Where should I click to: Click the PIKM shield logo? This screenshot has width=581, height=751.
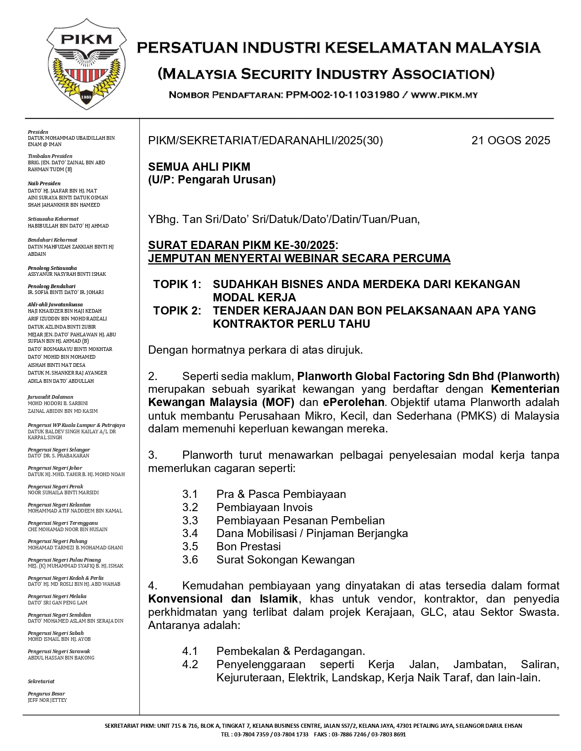click(x=86, y=64)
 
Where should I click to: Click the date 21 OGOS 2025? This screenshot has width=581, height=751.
click(x=510, y=141)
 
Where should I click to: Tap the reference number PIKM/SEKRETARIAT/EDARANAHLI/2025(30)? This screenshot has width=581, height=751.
click(x=265, y=141)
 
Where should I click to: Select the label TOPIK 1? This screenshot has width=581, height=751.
click(x=177, y=284)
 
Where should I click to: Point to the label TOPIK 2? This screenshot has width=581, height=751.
click(x=177, y=311)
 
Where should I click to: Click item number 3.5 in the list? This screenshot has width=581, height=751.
click(x=190, y=547)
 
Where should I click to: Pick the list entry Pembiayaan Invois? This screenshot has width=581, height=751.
click(x=264, y=507)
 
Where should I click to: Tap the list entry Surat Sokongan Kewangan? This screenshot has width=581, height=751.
click(x=285, y=560)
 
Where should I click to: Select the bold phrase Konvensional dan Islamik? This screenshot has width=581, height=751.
click(x=223, y=599)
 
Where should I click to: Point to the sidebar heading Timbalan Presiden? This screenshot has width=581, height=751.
click(x=50, y=156)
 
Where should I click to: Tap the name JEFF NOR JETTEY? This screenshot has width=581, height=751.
click(x=47, y=700)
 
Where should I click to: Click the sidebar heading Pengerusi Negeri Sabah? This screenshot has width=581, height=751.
click(x=56, y=633)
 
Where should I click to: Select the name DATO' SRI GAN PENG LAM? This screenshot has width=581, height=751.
click(x=57, y=603)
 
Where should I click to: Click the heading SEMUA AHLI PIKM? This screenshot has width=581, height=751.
click(x=199, y=167)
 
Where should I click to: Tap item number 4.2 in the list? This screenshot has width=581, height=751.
click(x=190, y=665)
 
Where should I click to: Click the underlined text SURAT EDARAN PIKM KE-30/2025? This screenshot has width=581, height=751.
click(x=242, y=245)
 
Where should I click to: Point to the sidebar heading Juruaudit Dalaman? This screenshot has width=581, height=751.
click(x=50, y=397)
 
